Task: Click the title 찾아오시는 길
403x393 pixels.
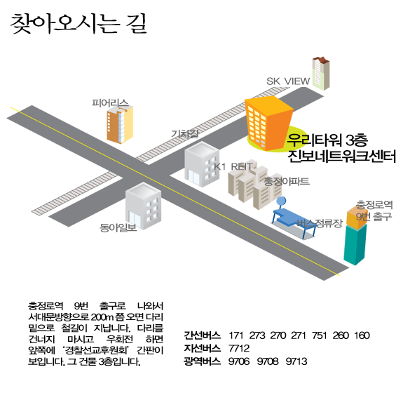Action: pos(78,24)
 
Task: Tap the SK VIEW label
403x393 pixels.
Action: pos(288,81)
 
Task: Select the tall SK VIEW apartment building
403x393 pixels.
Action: pos(321,74)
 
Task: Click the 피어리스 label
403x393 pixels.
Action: pos(110,103)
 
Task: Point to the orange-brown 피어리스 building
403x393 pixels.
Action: pos(120,124)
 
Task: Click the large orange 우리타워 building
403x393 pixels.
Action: pos(268,123)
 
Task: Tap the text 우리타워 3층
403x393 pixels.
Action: pos(327,140)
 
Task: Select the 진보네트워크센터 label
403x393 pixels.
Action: pos(342,156)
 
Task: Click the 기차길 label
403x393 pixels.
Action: pos(185,133)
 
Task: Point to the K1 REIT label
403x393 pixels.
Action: pos(233,166)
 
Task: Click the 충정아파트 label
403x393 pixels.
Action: pos(287,182)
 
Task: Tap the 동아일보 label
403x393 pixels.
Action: pos(118,227)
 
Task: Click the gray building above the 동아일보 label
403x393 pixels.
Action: pos(143,206)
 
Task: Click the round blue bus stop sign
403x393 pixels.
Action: pos(281,201)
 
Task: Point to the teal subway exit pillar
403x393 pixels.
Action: pos(355,244)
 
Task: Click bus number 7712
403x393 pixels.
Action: pos(239,349)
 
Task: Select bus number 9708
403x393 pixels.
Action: pos(268,361)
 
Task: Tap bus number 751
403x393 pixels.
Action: pos(319,335)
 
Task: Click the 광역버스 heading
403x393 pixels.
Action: pos(203,361)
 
